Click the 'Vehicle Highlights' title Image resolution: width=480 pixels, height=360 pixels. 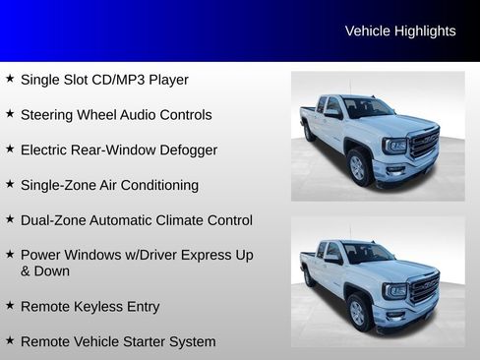(x=400, y=31)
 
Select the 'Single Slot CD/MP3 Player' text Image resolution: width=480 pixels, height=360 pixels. (x=104, y=80)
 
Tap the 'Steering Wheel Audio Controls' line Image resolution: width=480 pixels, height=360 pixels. (x=116, y=115)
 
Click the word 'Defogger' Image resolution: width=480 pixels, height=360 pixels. (x=188, y=150)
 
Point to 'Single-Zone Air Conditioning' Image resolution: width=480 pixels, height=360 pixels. (x=109, y=185)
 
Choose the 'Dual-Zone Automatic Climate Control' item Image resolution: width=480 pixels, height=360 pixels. (x=136, y=220)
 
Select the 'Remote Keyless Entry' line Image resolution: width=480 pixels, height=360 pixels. (x=90, y=307)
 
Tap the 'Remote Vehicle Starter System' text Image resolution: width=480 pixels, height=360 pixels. (x=117, y=342)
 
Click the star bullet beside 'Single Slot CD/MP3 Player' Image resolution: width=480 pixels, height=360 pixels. (x=10, y=79)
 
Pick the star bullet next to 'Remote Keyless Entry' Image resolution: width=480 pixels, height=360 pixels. (x=10, y=306)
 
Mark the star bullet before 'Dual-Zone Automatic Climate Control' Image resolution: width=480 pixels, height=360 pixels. (x=10, y=219)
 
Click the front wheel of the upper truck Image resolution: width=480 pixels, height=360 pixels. (x=358, y=167)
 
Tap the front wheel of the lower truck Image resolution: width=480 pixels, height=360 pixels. (x=358, y=312)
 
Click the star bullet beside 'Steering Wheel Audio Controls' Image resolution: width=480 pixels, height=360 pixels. (x=10, y=114)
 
